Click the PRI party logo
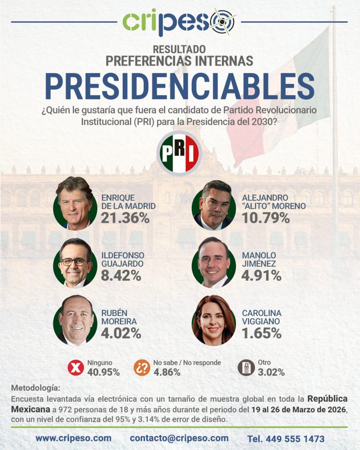[179, 153]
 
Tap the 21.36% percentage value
[125, 218]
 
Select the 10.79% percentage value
[265, 218]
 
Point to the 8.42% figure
[121, 276]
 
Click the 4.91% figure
[262, 276]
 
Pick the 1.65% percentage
[262, 333]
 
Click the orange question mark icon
[142, 367]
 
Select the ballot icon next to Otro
[246, 367]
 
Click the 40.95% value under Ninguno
[103, 372]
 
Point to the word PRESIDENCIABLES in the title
[180, 87]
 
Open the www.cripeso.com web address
[73, 438]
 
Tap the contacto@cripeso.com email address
[179, 438]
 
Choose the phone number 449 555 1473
[286, 439]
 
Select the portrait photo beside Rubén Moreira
[75, 320]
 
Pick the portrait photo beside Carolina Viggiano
[214, 320]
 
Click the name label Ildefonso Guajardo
[123, 259]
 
